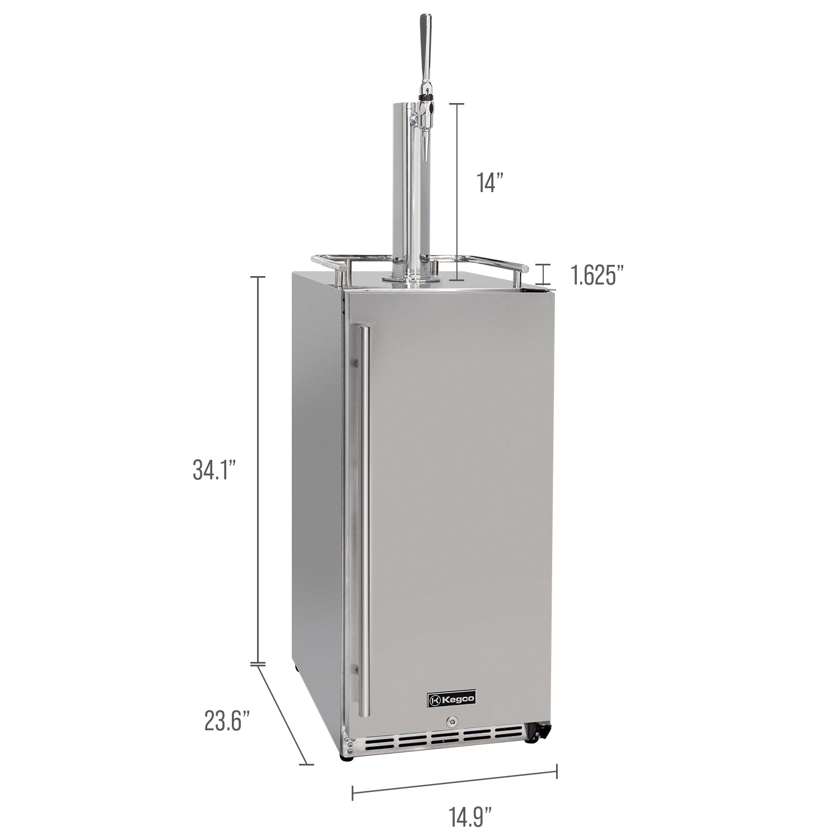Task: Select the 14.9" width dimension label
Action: [x=470, y=816]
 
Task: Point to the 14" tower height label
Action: [x=491, y=183]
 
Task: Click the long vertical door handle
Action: [x=365, y=521]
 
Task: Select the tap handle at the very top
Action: [x=426, y=42]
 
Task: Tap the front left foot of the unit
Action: [x=347, y=757]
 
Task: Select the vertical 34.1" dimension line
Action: [x=258, y=470]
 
